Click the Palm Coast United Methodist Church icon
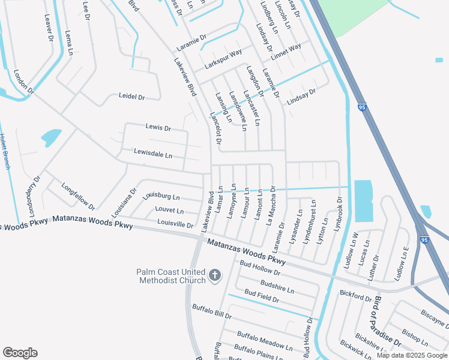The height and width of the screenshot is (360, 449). pos(215,276)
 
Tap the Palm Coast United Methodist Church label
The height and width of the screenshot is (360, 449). pos(171,276)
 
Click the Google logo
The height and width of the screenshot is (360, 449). pos(20,353)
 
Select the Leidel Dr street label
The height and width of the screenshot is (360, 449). pos(132,96)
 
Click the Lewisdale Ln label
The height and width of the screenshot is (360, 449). pos(153,154)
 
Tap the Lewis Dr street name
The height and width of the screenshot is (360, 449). pos(158,128)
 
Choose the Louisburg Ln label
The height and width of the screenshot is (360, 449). pos(161,196)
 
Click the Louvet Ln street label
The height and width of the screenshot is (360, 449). pos(169,211)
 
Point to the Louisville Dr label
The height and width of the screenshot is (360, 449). pos(175,224)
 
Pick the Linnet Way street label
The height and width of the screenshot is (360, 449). pos(286,52)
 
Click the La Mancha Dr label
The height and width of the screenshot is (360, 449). pos(271,205)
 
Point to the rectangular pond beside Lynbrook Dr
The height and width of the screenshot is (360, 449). pos(363,200)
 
